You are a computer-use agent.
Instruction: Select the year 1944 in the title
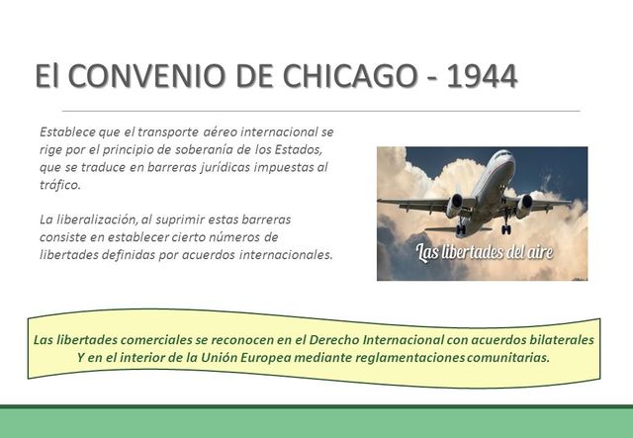[x=481, y=75]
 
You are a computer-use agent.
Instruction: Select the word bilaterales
[x=557, y=339]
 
